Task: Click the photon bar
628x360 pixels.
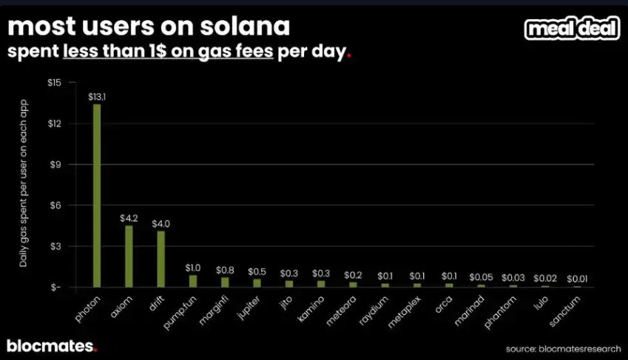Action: pyautogui.click(x=97, y=195)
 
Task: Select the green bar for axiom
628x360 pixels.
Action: pyautogui.click(x=129, y=256)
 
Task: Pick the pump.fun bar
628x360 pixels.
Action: pyautogui.click(x=193, y=280)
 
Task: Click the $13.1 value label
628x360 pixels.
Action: pyautogui.click(x=97, y=97)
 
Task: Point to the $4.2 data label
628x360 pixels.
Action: pyautogui.click(x=129, y=218)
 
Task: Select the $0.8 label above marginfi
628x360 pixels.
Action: pyautogui.click(x=225, y=270)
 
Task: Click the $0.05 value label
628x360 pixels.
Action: pyautogui.click(x=481, y=276)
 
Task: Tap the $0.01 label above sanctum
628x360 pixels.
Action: pyautogui.click(x=577, y=279)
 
